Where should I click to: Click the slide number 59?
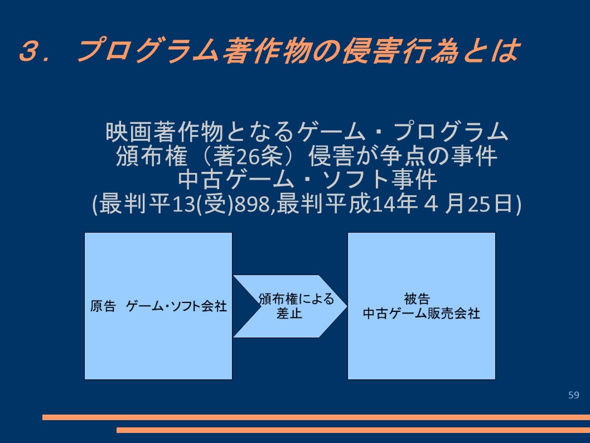573,395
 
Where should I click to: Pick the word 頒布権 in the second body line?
152,156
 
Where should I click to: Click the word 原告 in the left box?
103,306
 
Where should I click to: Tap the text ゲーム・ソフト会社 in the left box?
176,306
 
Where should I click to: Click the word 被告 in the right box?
417,299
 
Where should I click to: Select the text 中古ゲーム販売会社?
422,314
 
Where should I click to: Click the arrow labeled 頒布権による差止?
290,306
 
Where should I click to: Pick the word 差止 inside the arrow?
289,314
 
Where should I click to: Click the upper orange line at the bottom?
316,417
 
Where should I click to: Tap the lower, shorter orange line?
354,430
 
